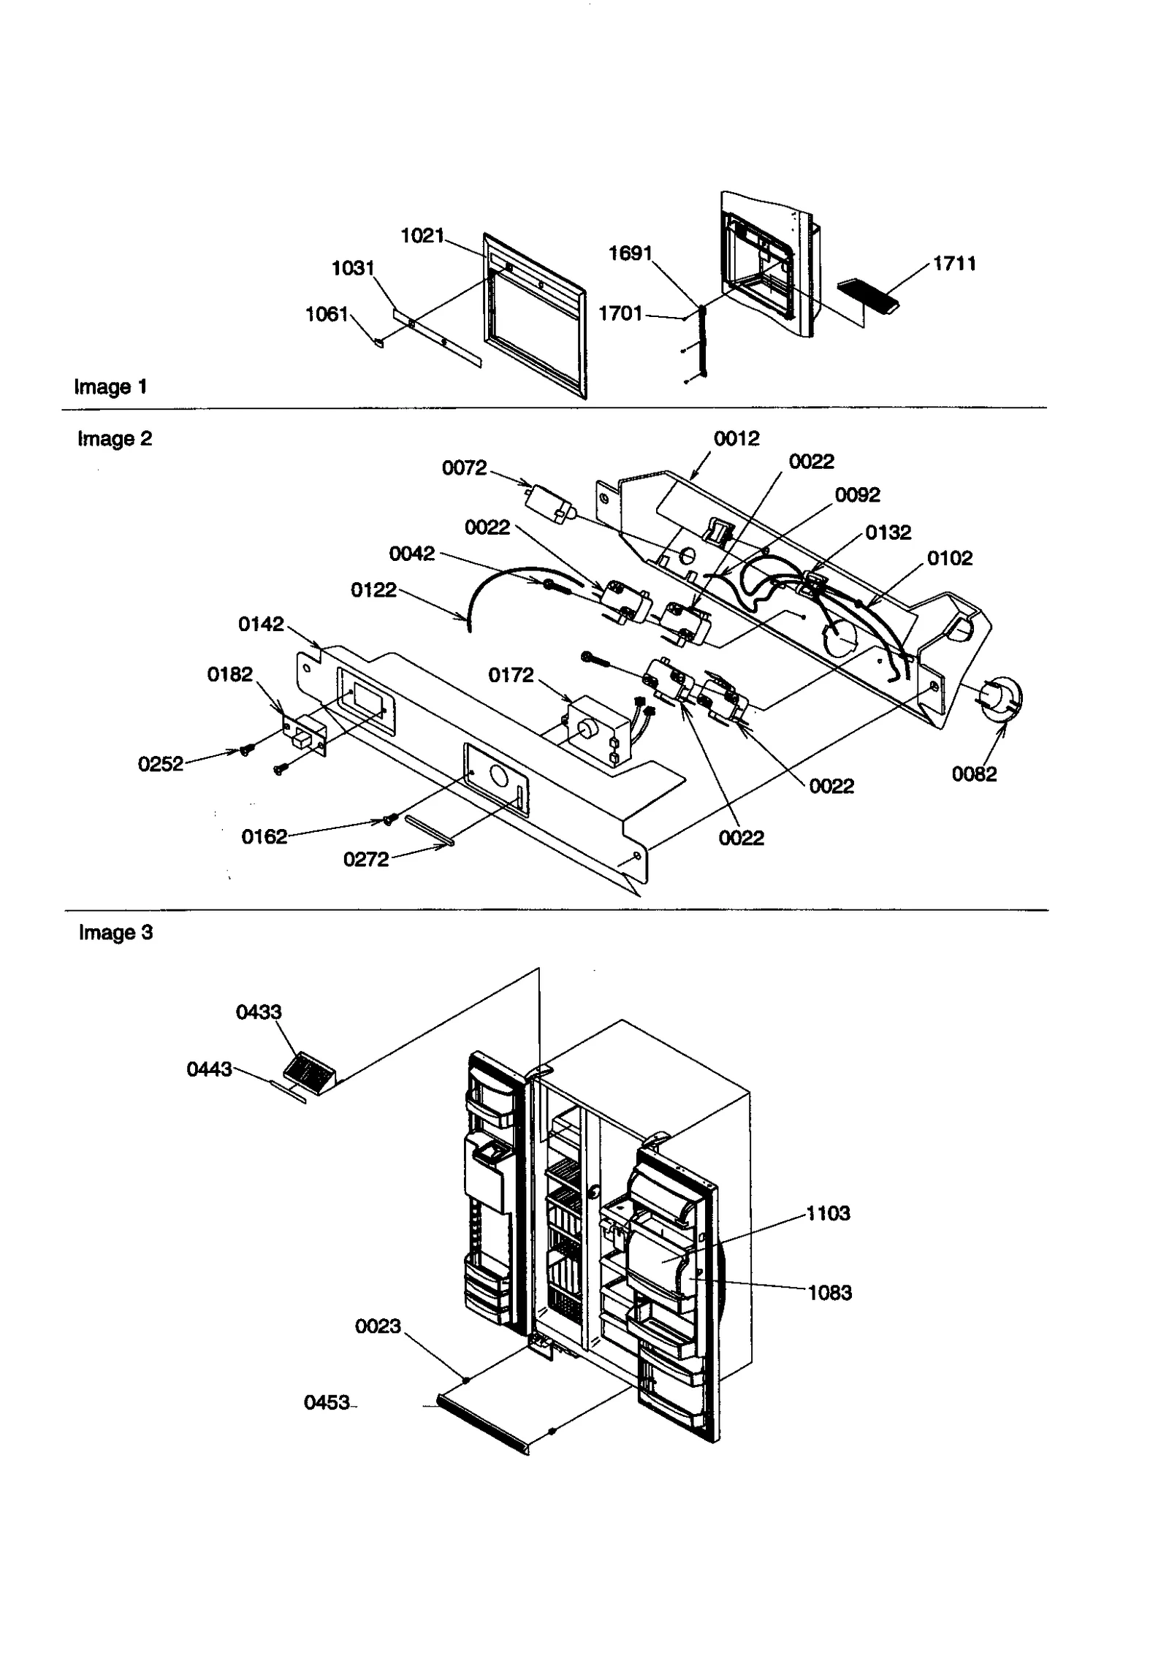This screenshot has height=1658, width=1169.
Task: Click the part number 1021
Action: [422, 235]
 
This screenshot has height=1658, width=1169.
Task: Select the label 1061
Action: [327, 314]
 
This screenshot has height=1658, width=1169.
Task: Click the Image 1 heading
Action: [110, 386]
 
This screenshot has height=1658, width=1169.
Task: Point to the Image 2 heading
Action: [115, 438]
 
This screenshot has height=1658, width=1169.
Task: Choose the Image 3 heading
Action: [115, 933]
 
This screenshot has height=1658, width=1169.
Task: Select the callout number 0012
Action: [736, 438]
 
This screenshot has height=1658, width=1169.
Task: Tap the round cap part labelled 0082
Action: [1000, 698]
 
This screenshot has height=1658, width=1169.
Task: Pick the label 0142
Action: [261, 624]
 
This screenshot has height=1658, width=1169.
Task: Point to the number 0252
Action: [161, 764]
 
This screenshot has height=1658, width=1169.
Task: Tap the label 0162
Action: [264, 836]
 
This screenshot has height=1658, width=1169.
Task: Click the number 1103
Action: [828, 1213]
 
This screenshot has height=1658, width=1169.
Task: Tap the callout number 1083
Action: [829, 1293]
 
